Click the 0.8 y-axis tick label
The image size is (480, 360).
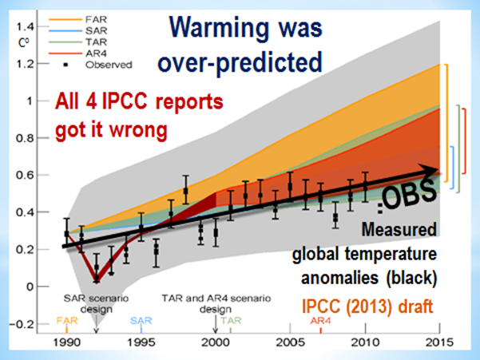pyautogui.click(x=33, y=137)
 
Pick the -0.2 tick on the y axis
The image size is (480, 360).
pyautogui.click(x=30, y=323)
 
